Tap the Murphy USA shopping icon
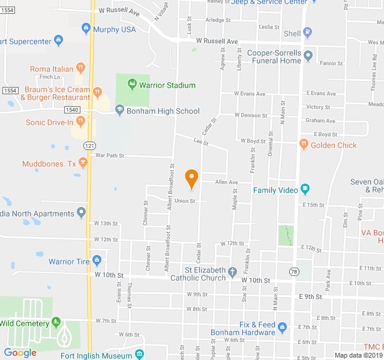(86, 28)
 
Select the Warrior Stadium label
(167, 85)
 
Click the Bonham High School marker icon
(119, 110)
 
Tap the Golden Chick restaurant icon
(304, 145)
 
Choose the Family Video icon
(305, 190)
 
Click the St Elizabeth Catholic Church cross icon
(232, 273)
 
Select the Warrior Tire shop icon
(97, 261)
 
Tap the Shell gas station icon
(308, 33)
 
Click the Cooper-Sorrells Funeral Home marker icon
(308, 56)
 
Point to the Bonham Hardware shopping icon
(283, 327)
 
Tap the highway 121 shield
(89, 145)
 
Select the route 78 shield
(293, 272)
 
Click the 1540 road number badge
(72, 110)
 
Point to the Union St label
(185, 201)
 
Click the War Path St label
(109, 155)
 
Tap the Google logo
(20, 353)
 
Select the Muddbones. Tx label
(49, 164)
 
